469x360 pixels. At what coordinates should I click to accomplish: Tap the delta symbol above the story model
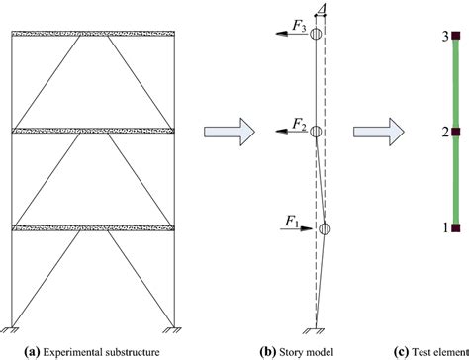[x=323, y=9]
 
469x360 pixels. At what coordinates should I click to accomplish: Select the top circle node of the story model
[x=316, y=35]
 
